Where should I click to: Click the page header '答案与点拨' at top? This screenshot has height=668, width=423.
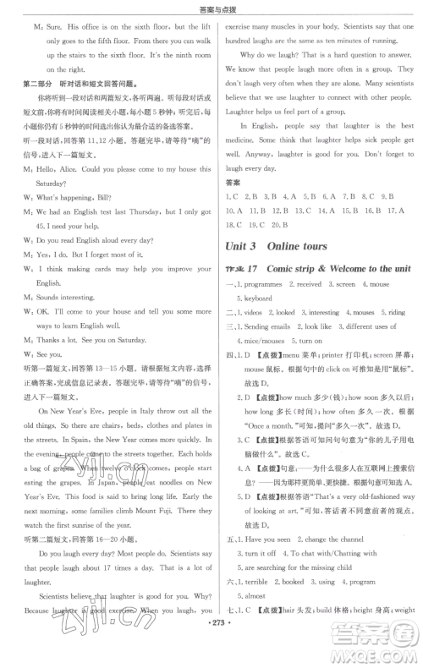pyautogui.click(x=211, y=8)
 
